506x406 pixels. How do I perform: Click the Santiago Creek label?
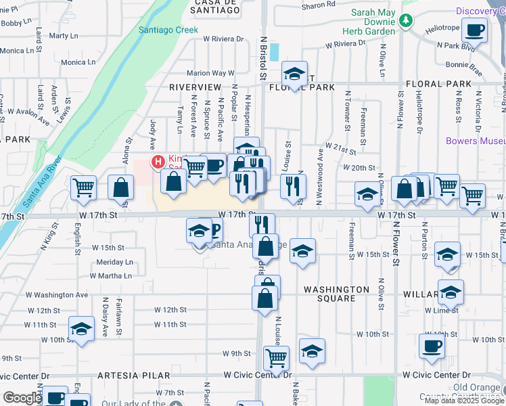click(168, 30)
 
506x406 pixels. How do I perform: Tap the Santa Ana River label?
click(41, 182)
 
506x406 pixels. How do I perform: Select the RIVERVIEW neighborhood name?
click(195, 88)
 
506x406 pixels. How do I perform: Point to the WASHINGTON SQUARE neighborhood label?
click(336, 294)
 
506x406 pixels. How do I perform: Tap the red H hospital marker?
click(158, 162)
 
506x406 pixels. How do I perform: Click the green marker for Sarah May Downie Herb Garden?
click(405, 21)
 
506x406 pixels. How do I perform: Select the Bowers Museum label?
click(476, 141)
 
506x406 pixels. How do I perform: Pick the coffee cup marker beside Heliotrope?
click(475, 30)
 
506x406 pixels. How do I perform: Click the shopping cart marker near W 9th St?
click(275, 357)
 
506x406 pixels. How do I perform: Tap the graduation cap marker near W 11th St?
click(81, 330)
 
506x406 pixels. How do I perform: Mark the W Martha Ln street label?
click(111, 276)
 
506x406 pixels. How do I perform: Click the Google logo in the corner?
click(22, 399)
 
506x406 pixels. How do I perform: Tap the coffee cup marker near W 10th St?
click(431, 346)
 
